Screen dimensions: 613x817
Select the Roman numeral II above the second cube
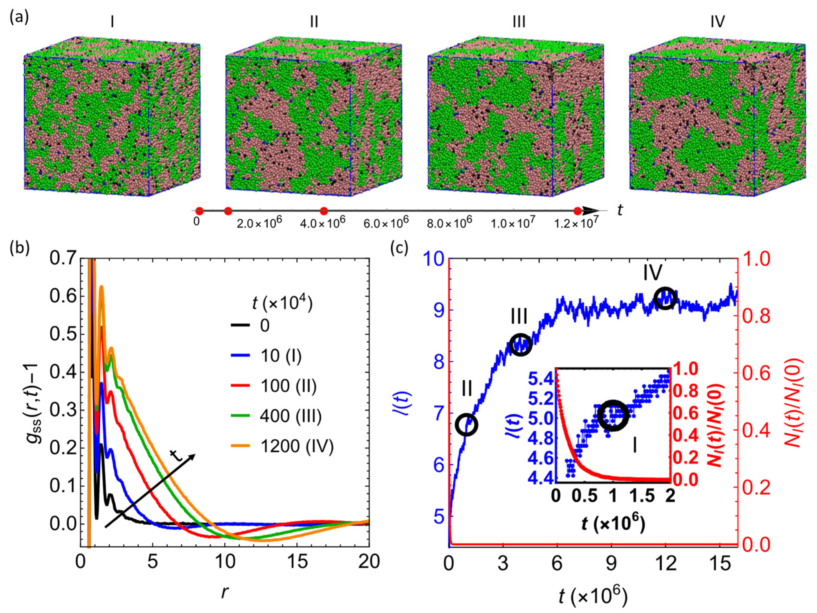[314, 22]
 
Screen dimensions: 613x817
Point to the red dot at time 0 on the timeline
[199, 211]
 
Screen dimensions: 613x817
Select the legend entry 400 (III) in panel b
[290, 416]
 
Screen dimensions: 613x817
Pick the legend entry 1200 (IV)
[297, 446]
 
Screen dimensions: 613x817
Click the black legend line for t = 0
[240, 325]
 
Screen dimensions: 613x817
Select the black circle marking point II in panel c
[467, 425]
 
